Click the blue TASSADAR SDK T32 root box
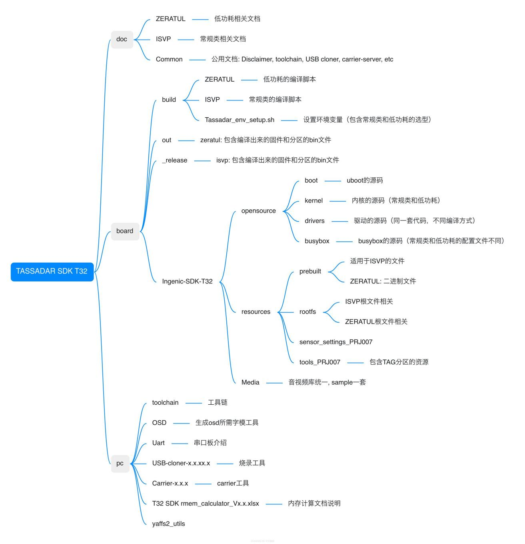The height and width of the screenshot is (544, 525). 52,271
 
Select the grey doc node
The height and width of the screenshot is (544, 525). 122,39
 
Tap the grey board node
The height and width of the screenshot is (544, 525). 125,231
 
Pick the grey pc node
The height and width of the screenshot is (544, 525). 120,464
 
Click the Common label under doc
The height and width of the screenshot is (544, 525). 169,59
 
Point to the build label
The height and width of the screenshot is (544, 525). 169,100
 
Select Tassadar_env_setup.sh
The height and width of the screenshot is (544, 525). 240,120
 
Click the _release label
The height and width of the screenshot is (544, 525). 175,160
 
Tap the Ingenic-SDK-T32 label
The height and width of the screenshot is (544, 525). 187,281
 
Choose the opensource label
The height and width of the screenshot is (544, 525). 258,211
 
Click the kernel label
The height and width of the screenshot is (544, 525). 313,201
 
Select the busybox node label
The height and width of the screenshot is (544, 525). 317,241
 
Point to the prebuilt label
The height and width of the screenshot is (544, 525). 310,271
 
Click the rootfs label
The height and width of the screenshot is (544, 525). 307,312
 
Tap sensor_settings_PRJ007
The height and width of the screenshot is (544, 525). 335,342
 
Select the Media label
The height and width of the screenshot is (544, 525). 250,382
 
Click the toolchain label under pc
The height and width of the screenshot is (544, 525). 165,403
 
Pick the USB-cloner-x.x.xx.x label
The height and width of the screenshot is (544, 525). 181,463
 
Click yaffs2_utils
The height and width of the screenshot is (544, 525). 168,524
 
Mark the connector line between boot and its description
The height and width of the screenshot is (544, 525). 333,181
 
